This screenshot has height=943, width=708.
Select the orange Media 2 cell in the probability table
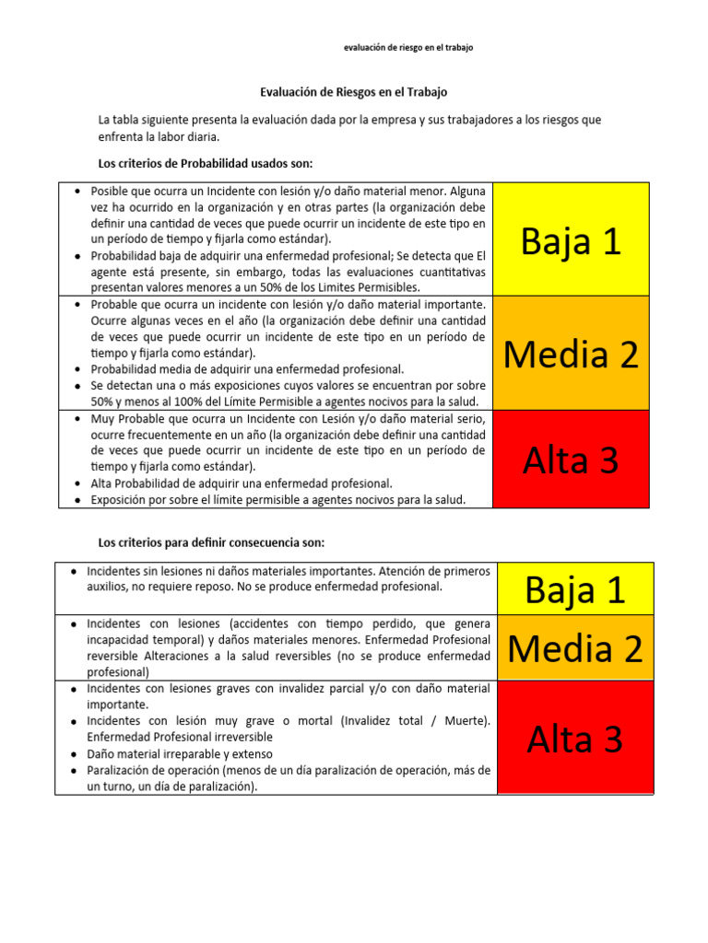pyautogui.click(x=571, y=354)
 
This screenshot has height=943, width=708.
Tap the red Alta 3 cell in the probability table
pyautogui.click(x=571, y=460)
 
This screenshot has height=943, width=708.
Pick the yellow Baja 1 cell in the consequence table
pyautogui.click(x=575, y=588)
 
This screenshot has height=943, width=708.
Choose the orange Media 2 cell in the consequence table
pyautogui.click(x=575, y=648)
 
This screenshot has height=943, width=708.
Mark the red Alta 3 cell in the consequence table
pyautogui.click(x=575, y=738)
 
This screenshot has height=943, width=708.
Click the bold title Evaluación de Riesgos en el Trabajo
pyautogui.click(x=354, y=93)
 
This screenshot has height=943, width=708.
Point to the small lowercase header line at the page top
pyautogui.click(x=407, y=48)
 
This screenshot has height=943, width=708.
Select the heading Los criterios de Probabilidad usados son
pyautogui.click(x=206, y=163)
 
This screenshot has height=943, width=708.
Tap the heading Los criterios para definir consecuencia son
pyautogui.click(x=211, y=541)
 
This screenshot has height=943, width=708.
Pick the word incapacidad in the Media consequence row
pyautogui.click(x=119, y=639)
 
